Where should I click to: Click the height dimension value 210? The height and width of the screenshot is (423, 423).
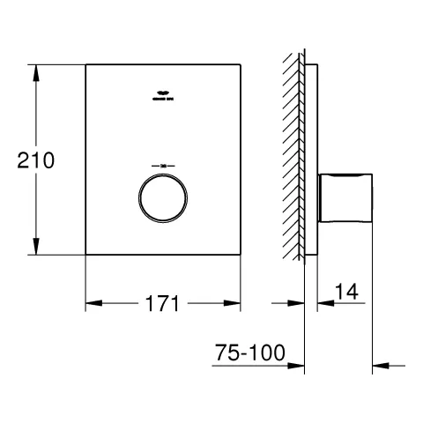35,160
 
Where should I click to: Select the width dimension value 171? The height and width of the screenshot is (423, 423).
163,305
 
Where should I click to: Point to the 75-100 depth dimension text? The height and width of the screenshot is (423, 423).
250,353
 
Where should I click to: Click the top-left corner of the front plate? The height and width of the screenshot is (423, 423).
85,64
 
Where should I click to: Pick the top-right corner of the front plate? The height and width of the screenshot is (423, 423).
241,64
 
